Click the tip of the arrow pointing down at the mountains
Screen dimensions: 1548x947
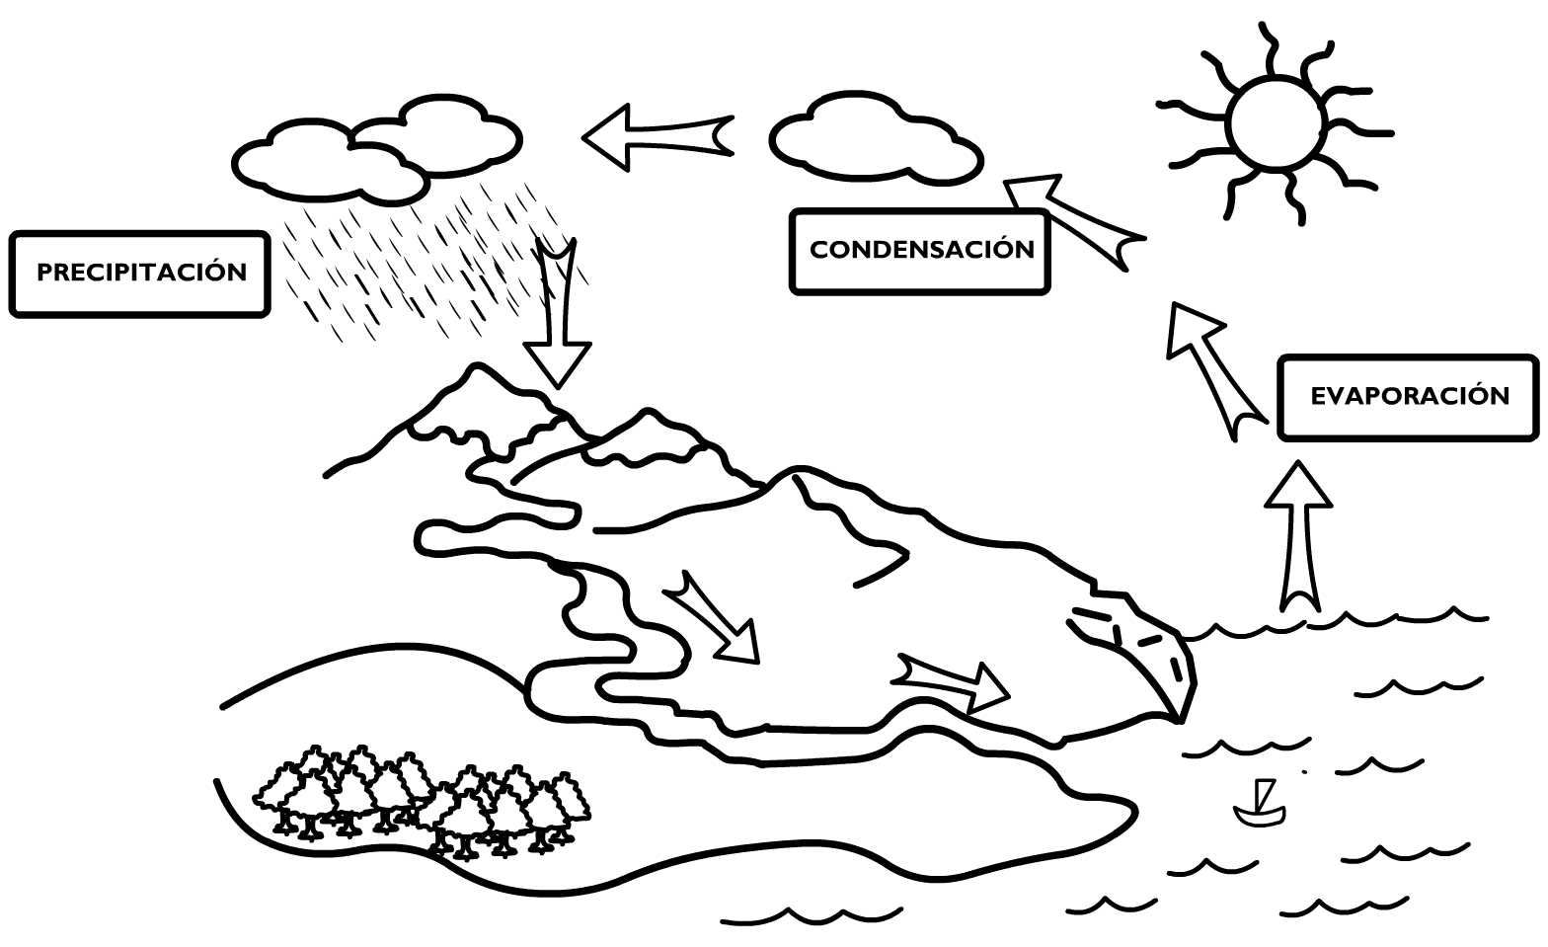pyautogui.click(x=557, y=388)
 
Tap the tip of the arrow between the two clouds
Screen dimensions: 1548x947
pyautogui.click(x=583, y=137)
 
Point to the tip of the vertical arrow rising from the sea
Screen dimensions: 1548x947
pyautogui.click(x=1298, y=462)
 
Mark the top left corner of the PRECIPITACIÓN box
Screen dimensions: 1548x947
pyautogui.click(x=11, y=233)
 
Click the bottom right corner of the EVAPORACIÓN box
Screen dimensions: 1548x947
pyautogui.click(x=1537, y=438)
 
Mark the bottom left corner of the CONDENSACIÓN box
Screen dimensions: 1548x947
pyautogui.click(x=792, y=292)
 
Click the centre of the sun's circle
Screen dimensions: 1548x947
pyautogui.click(x=1276, y=123)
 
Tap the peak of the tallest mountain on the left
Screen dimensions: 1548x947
pyautogui.click(x=476, y=364)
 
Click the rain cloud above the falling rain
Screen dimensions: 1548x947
pyautogui.click(x=377, y=150)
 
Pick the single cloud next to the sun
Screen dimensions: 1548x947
pyautogui.click(x=876, y=138)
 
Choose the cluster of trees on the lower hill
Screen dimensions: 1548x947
pyautogui.click(x=422, y=802)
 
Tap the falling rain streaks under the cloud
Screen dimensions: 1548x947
pyautogui.click(x=428, y=263)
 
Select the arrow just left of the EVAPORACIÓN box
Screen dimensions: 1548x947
pyautogui.click(x=1216, y=371)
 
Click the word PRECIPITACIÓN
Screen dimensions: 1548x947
pyautogui.click(x=142, y=273)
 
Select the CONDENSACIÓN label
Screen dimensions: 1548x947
pyautogui.click(x=922, y=250)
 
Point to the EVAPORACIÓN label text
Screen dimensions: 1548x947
pyautogui.click(x=1410, y=396)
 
